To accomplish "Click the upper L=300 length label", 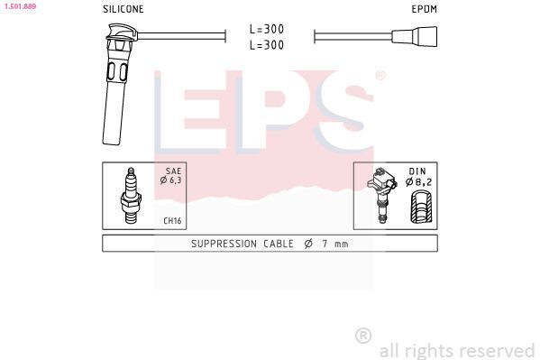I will (x=267, y=29).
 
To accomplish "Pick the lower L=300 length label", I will (x=267, y=44).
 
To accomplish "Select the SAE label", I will (x=173, y=170).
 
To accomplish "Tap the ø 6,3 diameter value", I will (x=171, y=180).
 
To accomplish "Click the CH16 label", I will (x=171, y=220).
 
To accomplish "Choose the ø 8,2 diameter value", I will (x=420, y=180).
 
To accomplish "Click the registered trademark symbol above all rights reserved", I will (x=363, y=335).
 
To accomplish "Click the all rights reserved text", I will (x=456, y=350).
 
